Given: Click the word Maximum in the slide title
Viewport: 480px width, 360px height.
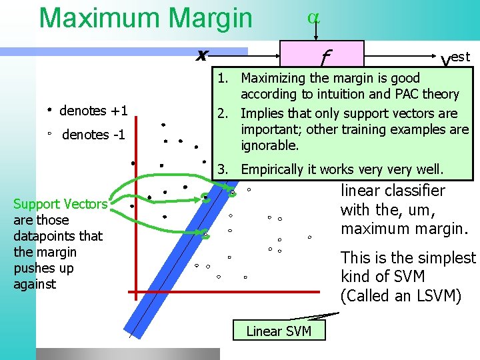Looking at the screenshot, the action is tap(93, 18).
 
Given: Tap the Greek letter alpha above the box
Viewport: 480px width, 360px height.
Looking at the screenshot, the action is tap(313, 18).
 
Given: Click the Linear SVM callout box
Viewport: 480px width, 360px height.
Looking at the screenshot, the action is tap(279, 331).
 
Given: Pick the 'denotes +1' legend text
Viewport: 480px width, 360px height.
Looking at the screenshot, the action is tap(93, 111).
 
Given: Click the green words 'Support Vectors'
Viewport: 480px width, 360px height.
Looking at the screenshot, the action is tap(60, 204).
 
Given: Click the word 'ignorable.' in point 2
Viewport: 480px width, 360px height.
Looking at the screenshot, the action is tap(270, 145).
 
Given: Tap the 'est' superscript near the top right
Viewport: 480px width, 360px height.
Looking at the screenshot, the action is tap(461, 57).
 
